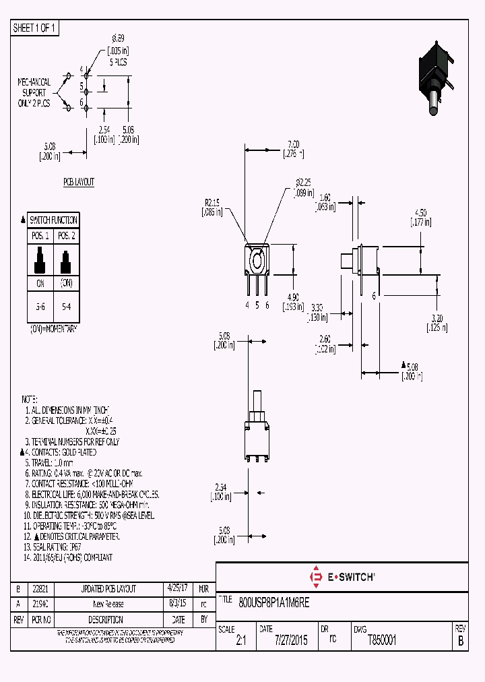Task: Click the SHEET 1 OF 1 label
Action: coord(35,28)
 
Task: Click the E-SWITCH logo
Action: coord(342,577)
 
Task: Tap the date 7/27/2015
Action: coord(291,641)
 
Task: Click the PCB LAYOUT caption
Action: coord(79,183)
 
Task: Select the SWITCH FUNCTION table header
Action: coord(53,220)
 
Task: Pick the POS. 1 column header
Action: coord(40,236)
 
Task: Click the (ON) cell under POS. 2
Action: coord(65,284)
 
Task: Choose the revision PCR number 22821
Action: coord(40,588)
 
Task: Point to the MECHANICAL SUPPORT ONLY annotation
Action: coord(34,93)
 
